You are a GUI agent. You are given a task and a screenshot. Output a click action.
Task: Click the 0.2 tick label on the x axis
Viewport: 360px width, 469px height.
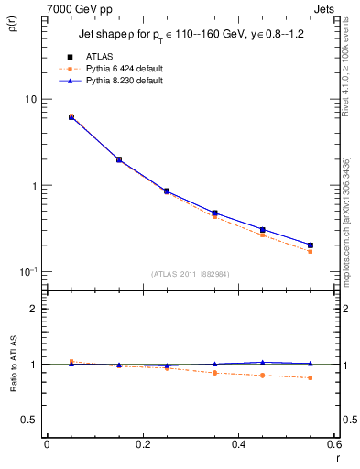point(142,446)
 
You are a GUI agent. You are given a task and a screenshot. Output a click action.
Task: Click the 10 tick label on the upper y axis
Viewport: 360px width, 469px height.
point(30,99)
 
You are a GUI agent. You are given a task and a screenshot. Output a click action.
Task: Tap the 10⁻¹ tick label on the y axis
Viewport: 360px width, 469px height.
point(28,272)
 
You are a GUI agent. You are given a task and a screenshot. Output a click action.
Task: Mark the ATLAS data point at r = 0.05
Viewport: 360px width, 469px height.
point(71,117)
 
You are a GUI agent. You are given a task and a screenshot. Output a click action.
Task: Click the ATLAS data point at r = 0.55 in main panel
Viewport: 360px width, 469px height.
point(311,245)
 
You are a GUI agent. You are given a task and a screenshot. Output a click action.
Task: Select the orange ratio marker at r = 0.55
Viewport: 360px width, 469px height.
point(311,377)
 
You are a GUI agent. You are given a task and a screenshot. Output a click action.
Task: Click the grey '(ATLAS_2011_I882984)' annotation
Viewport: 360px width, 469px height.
point(191,274)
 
